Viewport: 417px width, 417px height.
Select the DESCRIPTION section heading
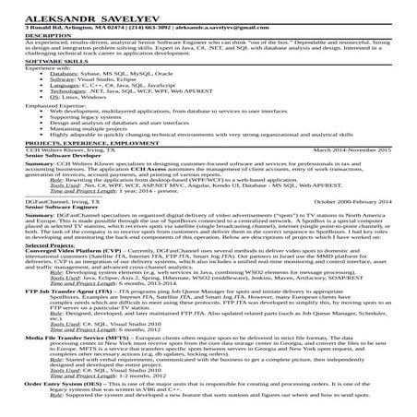pyautogui.click(x=32, y=36)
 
